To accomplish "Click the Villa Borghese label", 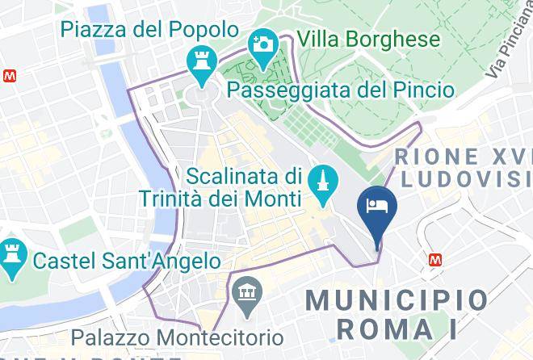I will [x=368, y=39].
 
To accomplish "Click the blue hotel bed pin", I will [x=377, y=207].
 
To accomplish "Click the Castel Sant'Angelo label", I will [x=126, y=261].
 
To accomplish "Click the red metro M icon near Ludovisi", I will [x=435, y=259].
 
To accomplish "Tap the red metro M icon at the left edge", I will [x=8, y=75].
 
